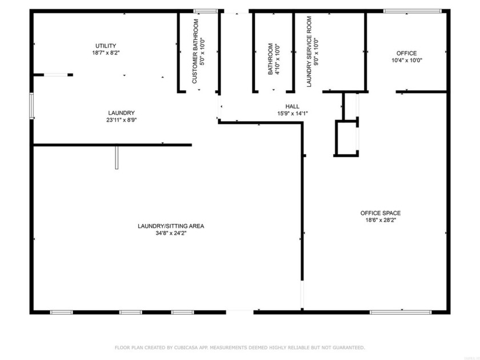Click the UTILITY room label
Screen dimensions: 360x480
point(106,46)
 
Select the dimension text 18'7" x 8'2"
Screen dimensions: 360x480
point(106,53)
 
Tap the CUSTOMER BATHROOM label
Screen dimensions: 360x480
point(195,52)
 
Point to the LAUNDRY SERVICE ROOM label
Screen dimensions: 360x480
point(309,53)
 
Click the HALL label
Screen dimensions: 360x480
point(292,106)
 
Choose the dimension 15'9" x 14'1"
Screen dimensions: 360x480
point(292,114)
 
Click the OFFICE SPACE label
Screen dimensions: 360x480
point(380,213)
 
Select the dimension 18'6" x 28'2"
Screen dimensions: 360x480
point(380,221)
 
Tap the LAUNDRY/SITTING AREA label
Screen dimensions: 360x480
point(171,226)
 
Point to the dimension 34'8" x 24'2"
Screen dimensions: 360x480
point(171,234)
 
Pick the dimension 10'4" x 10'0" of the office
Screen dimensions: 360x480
point(407,61)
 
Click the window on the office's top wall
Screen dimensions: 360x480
point(411,10)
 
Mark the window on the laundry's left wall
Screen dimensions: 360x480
point(31,106)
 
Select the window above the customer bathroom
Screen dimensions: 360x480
point(206,10)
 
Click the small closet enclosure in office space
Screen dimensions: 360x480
point(346,138)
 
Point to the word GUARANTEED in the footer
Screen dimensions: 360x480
point(345,347)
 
